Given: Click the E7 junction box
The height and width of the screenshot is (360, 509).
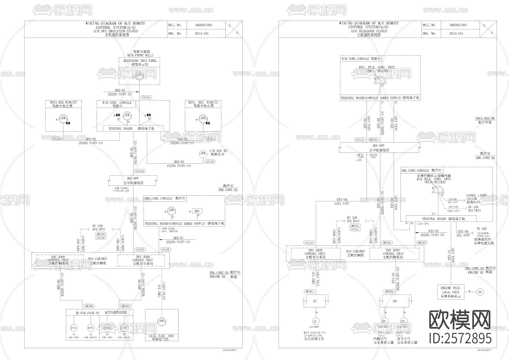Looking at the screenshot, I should click(316, 301).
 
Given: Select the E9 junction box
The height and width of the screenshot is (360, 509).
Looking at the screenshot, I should click(395, 301).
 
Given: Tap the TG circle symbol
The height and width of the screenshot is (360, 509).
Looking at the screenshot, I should click(480, 292).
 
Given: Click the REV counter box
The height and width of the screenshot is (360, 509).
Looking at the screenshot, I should click(197, 211).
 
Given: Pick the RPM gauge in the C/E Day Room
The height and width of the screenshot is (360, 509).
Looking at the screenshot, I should click(203, 153).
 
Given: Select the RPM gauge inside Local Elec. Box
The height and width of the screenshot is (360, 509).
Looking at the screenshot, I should click(162, 321).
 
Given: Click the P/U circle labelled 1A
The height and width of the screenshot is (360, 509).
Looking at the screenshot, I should click(74, 328).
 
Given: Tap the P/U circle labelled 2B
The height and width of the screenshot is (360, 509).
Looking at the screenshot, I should click(124, 328).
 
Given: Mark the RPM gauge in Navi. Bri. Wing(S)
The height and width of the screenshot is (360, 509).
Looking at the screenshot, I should click(202, 118).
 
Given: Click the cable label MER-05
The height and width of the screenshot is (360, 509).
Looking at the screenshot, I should click(178, 162).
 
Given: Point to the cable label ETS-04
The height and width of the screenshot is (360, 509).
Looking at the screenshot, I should click(342, 200).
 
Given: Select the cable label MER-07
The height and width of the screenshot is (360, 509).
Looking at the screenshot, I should click(178, 238).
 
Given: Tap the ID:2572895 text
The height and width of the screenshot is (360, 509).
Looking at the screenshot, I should click(460, 338).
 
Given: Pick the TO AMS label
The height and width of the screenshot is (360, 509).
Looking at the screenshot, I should click(482, 229).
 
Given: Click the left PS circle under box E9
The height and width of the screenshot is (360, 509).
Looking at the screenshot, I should click(384, 322).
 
